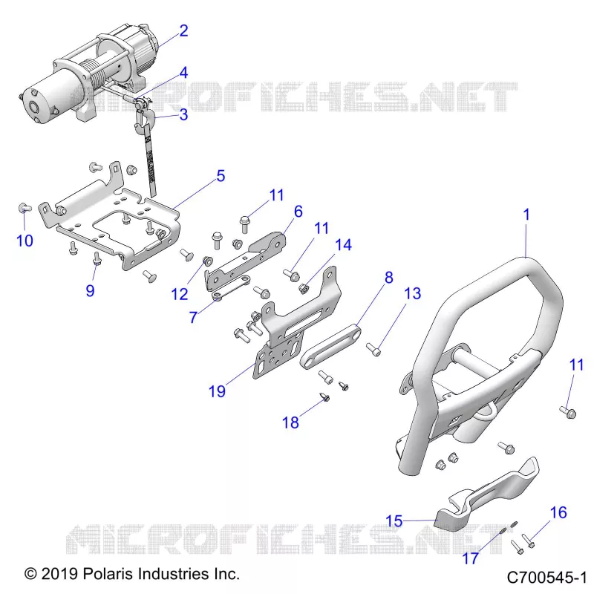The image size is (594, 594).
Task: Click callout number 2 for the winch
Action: tap(183, 30)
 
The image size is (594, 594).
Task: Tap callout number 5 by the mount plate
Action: tap(221, 176)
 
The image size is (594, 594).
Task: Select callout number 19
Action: tap(217, 391)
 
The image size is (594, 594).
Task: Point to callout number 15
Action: tap(394, 521)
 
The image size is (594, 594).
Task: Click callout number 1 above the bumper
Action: tap(526, 215)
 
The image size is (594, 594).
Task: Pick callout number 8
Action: tap(389, 277)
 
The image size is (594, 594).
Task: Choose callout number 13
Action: tap(413, 293)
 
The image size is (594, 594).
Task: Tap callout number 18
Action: tap(290, 422)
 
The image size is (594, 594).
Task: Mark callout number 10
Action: tap(25, 241)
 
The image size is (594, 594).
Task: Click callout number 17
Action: tap(471, 558)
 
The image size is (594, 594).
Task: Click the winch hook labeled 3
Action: tap(143, 118)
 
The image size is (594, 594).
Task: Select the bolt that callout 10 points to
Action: tap(25, 208)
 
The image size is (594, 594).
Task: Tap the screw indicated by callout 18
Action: tap(325, 397)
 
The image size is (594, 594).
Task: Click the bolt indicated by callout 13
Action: tap(373, 349)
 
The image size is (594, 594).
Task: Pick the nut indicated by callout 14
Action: tap(304, 289)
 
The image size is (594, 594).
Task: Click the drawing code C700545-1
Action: tap(546, 578)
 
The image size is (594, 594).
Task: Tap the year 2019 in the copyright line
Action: tap(59, 573)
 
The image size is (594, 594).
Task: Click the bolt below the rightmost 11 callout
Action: tap(567, 412)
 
